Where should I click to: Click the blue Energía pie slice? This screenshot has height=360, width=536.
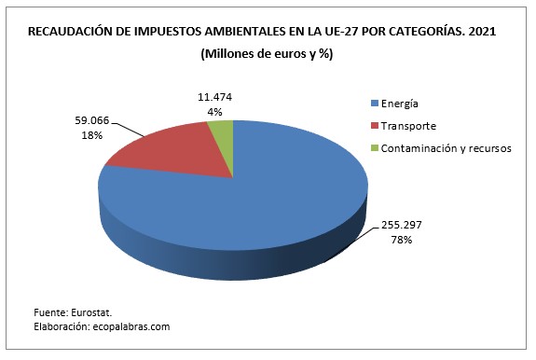tap(233, 210)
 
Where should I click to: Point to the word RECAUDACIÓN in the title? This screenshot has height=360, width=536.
tap(71, 32)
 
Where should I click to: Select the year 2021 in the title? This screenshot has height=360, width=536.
tap(482, 32)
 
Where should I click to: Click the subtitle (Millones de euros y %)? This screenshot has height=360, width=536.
tap(267, 53)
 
